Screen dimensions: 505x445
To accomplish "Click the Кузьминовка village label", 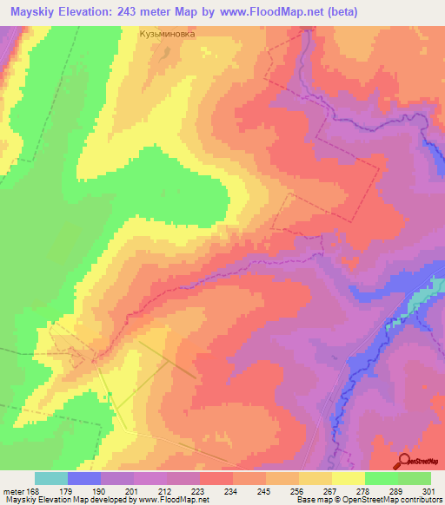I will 168,36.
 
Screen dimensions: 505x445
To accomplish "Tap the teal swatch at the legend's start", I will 51,478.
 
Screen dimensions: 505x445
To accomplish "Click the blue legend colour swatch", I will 84,478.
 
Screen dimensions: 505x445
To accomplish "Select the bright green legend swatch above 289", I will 382,478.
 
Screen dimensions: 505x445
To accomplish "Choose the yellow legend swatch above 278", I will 349,478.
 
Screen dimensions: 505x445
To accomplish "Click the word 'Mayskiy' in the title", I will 33,12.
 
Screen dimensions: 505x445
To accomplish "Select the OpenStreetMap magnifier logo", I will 406,461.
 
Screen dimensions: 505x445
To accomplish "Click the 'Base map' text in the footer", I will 312,499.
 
